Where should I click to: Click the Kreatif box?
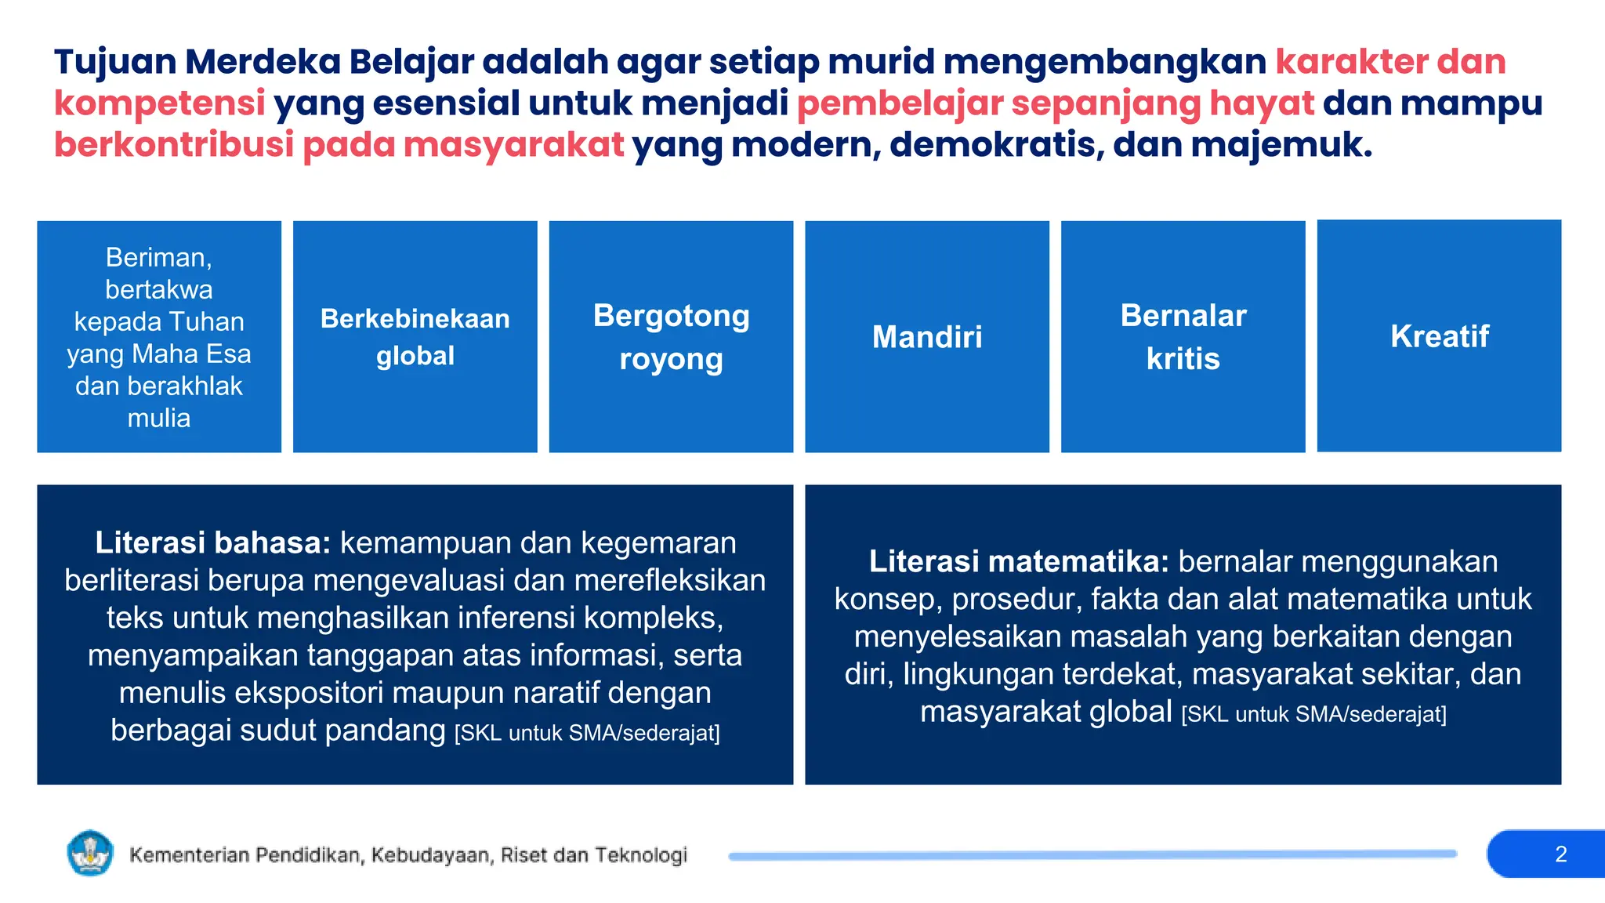tap(1439, 336)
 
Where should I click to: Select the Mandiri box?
tap(927, 337)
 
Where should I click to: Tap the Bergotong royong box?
tap(671, 337)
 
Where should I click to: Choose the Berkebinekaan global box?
tap(415, 337)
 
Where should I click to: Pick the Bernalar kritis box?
tap(1183, 337)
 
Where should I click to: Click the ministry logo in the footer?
tap(90, 853)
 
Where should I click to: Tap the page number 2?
tap(1560, 854)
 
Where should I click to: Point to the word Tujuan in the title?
tap(114, 63)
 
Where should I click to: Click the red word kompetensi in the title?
tap(160, 103)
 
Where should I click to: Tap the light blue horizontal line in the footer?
tap(1092, 855)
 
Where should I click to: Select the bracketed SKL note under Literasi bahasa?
tap(587, 733)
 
